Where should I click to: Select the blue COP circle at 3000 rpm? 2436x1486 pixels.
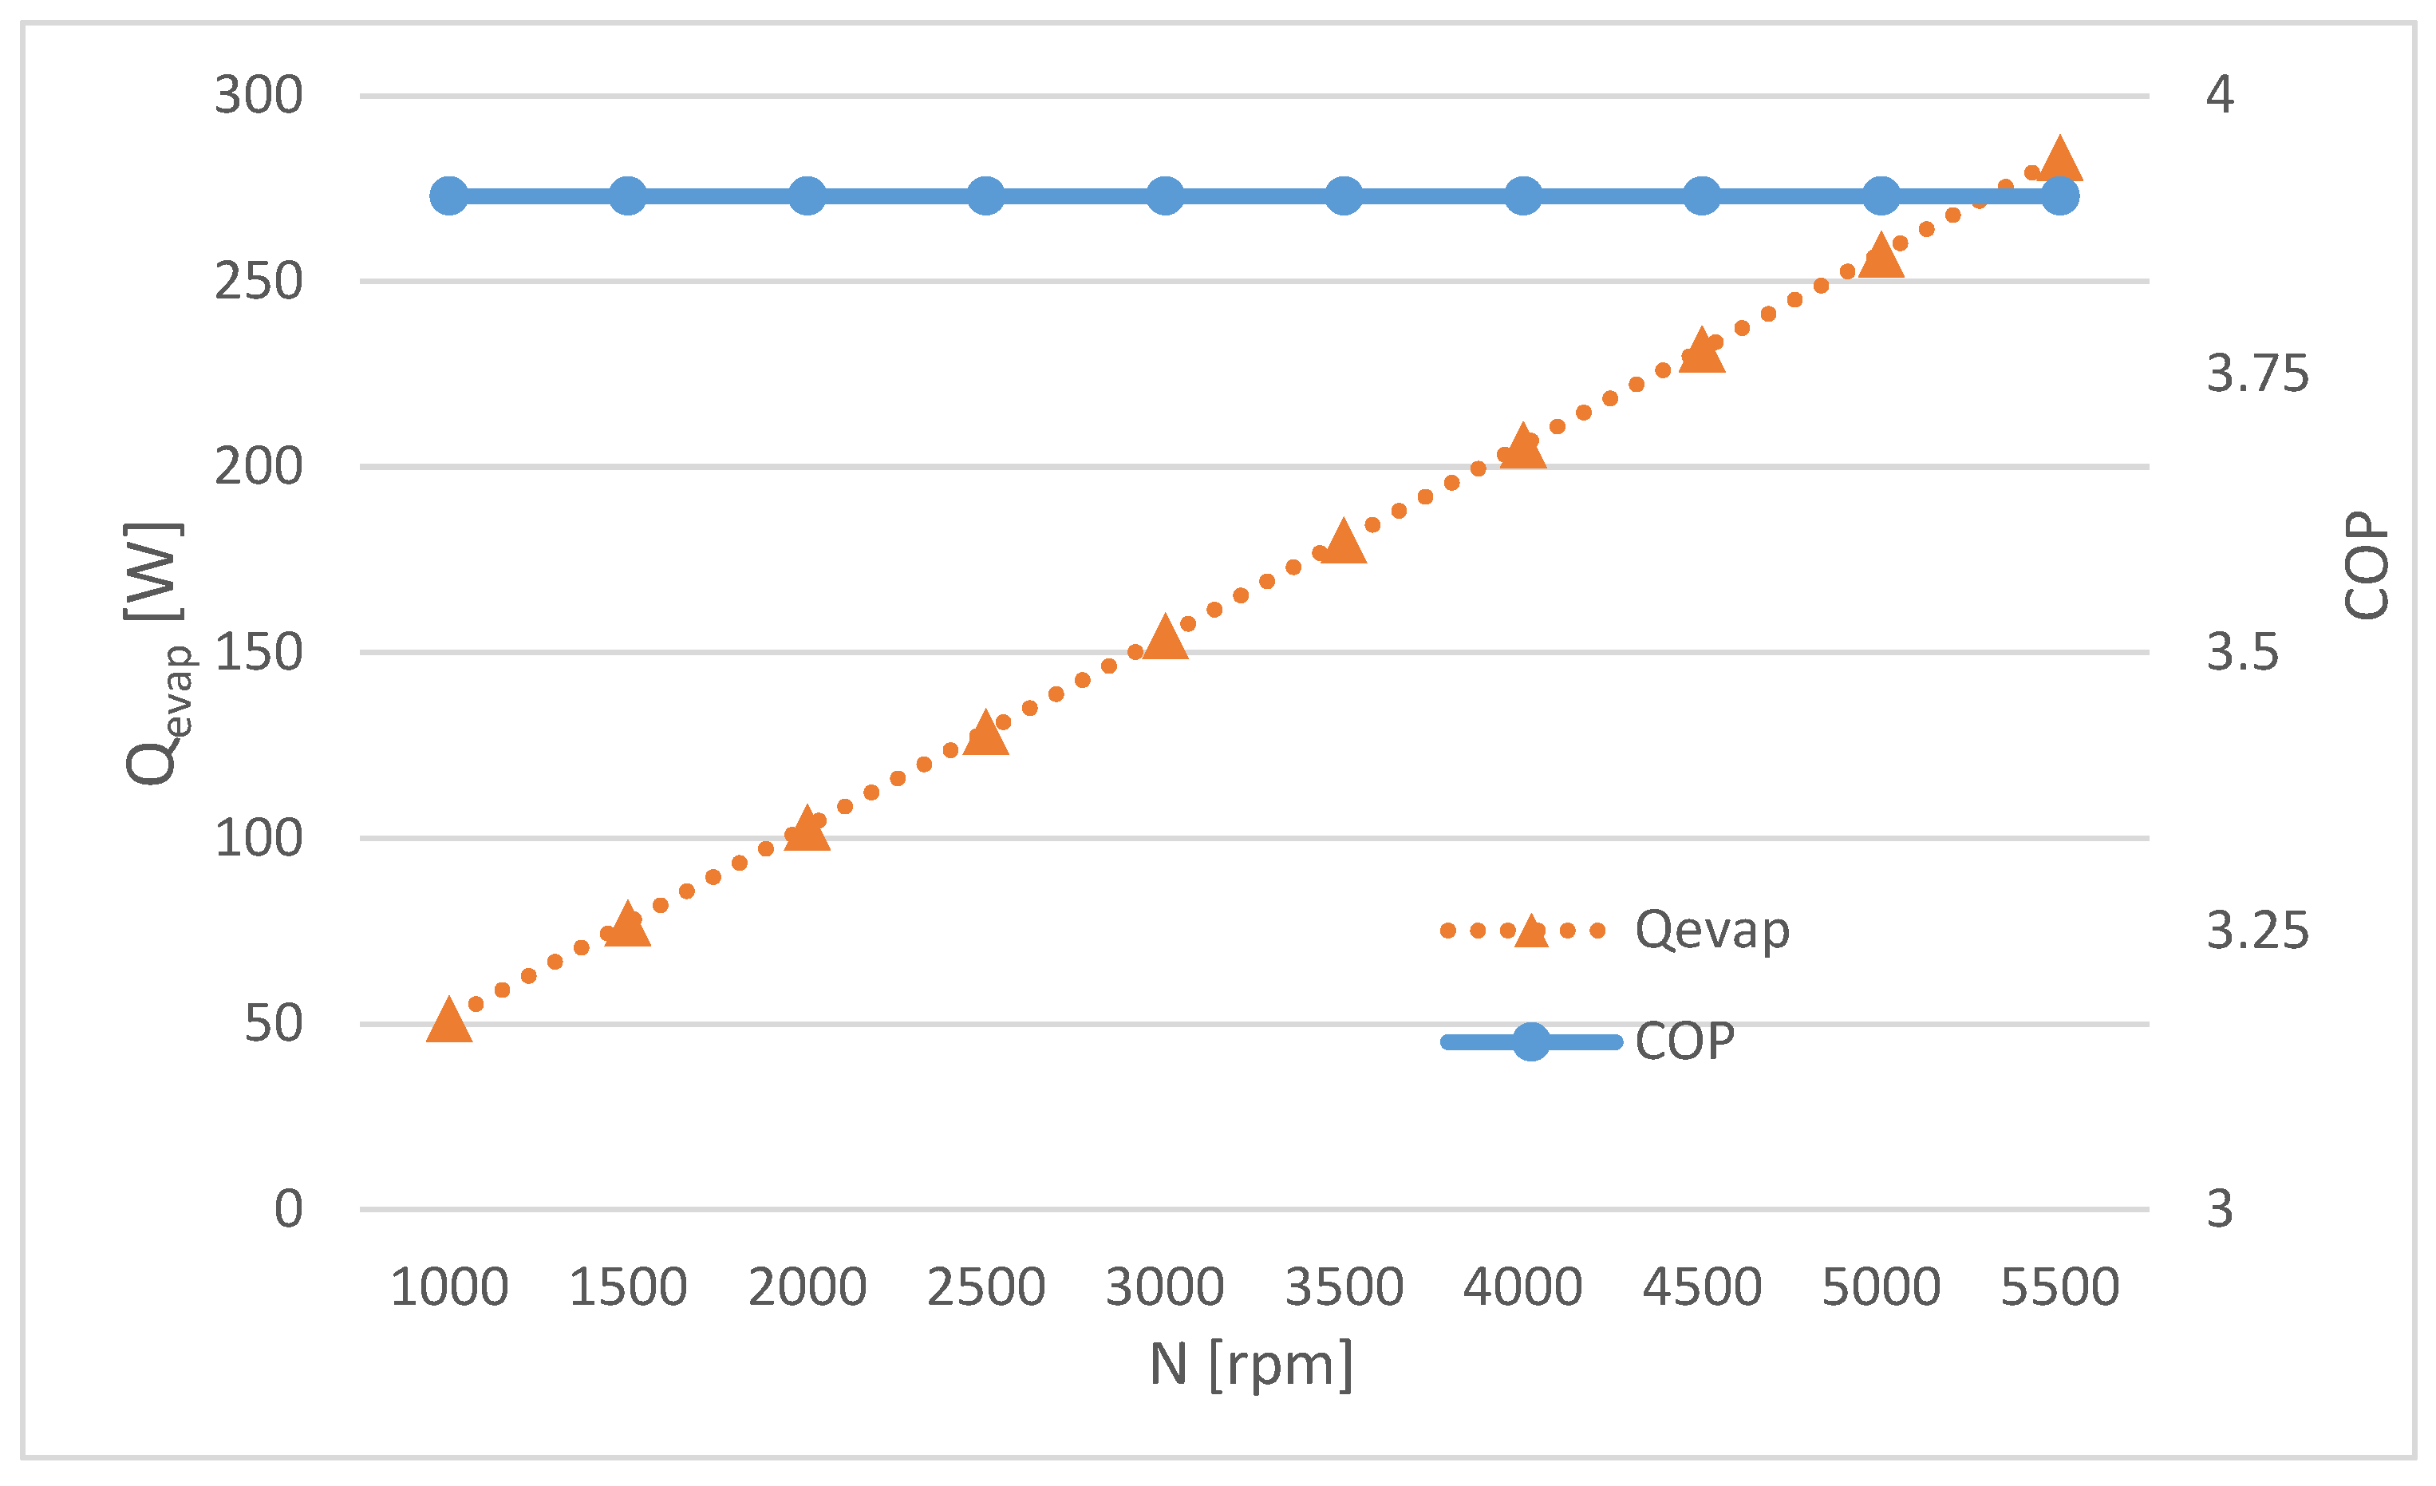coord(1166,196)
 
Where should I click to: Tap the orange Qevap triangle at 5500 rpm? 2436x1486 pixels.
coord(2060,161)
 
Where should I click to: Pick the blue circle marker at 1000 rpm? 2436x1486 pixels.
coord(449,196)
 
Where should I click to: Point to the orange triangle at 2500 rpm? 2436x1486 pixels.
coord(985,734)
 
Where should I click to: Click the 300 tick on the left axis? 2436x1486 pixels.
coord(258,96)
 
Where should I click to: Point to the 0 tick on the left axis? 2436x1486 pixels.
coord(288,1209)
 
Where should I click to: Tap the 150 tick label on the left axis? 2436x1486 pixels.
coord(258,653)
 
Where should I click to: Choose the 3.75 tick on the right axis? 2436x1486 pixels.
coord(2257,373)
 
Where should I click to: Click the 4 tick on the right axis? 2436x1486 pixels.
coord(2220,95)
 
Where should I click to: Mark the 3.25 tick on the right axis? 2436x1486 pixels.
coord(2257,931)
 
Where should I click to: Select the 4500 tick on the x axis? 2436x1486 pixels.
coord(1701,1287)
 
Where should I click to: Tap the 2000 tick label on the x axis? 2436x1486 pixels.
coord(807,1287)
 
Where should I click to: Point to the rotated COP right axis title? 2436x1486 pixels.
coord(2366,566)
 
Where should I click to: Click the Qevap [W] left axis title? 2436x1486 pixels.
coord(156,653)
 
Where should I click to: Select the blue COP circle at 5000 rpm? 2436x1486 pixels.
coord(1881,196)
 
